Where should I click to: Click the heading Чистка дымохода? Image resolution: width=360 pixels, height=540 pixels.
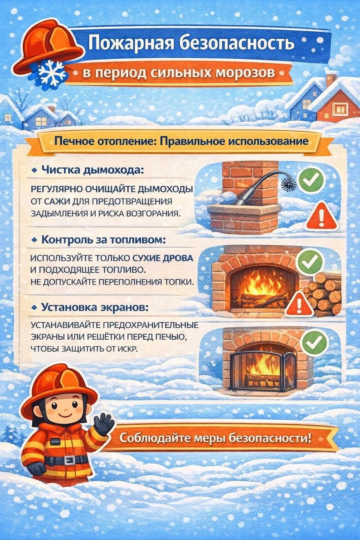click(x=93, y=170)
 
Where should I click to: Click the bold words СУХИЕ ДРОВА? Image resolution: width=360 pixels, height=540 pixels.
click(x=163, y=258)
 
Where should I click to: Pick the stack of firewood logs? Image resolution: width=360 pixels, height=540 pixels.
click(x=323, y=294)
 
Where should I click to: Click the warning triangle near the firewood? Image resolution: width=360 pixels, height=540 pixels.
click(x=299, y=304)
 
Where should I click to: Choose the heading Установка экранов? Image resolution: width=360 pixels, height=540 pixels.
click(x=95, y=307)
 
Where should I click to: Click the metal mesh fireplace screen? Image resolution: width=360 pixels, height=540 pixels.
click(x=263, y=371)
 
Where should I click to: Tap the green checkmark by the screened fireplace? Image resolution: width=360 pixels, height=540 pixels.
click(x=314, y=342)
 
